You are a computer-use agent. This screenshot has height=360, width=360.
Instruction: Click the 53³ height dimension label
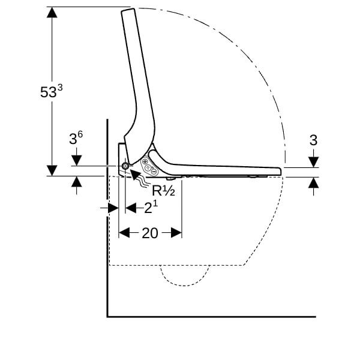51,92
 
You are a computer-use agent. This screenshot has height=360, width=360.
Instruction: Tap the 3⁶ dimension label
76,138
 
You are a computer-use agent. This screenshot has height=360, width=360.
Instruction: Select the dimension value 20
150,233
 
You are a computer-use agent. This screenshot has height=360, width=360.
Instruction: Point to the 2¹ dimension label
151,208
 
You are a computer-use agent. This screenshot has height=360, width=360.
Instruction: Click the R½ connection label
163,190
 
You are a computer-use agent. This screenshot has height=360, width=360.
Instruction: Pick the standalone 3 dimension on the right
313,140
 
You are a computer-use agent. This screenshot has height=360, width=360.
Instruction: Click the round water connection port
125,166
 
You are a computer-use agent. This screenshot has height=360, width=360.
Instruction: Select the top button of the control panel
145,161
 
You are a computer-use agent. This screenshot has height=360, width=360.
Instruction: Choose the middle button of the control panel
149,167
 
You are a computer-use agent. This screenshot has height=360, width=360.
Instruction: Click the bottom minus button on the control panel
154,171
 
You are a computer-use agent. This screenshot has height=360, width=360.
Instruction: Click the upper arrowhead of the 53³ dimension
52,13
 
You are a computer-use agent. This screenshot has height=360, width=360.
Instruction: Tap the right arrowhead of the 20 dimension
176,233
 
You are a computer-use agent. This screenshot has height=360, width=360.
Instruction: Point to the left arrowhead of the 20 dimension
124,233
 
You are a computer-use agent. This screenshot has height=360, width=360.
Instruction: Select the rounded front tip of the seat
280,171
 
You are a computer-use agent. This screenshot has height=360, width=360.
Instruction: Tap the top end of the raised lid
128,10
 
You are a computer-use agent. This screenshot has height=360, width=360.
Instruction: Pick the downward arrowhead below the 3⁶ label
76,160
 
